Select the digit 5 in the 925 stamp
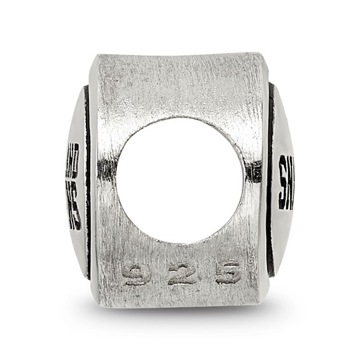click(227, 273)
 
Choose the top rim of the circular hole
click(180, 117)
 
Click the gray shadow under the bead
click(180, 318)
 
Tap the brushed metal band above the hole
click(180, 86)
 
